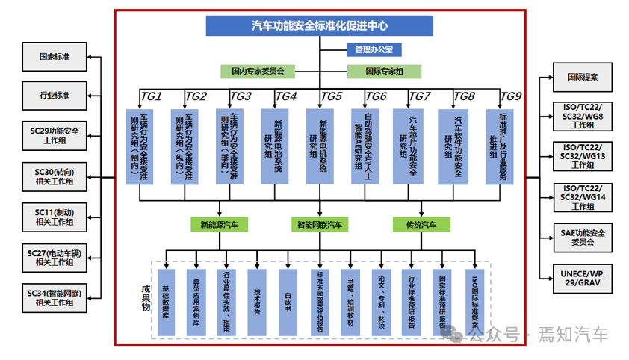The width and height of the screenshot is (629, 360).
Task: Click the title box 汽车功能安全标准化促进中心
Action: click(x=320, y=25)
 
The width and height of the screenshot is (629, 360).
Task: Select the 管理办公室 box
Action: click(x=374, y=50)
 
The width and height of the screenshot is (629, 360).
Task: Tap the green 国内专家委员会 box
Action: click(x=258, y=72)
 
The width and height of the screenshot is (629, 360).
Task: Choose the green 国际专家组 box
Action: click(x=384, y=72)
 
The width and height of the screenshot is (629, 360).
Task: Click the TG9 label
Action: click(x=510, y=96)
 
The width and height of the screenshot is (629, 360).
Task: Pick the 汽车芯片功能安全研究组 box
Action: click(x=410, y=146)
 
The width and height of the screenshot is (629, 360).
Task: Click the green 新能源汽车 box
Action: click(x=219, y=224)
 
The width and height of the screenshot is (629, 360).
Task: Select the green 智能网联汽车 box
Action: click(x=320, y=224)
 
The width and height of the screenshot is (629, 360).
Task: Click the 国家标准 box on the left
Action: click(x=55, y=56)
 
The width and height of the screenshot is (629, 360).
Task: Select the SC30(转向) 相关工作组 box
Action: click(x=55, y=176)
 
